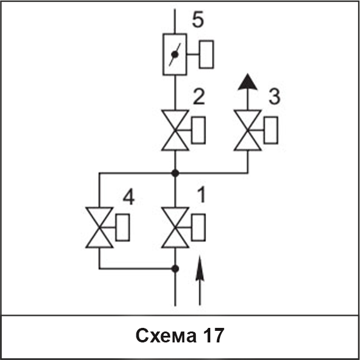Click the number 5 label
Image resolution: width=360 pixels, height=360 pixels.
[198, 20]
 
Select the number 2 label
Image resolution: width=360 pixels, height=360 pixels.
[199, 96]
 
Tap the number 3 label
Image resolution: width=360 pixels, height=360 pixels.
[275, 96]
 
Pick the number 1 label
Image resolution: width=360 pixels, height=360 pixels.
[201, 195]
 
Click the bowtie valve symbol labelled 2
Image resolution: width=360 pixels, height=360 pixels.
[175, 130]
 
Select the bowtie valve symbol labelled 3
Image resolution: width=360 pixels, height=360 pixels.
[247, 130]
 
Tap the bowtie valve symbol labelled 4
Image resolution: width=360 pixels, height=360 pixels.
[99, 227]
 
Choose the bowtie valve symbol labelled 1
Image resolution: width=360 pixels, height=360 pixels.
[175, 227]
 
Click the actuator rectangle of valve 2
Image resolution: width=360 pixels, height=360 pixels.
[198, 130]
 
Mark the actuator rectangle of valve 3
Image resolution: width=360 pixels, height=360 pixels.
[271, 130]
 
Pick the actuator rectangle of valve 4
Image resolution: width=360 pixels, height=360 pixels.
[122, 227]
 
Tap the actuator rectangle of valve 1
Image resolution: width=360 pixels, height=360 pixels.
[198, 227]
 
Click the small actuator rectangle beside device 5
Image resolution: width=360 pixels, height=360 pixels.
[207, 55]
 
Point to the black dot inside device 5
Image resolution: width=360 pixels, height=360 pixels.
[175, 55]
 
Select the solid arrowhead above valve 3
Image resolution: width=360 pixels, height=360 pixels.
[247, 82]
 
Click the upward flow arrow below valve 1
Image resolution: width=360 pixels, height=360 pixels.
[200, 281]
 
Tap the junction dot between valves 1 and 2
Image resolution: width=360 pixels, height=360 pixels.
[175, 173]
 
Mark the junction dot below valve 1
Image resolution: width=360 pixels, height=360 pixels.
[175, 268]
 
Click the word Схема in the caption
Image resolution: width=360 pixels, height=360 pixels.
[166, 335]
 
